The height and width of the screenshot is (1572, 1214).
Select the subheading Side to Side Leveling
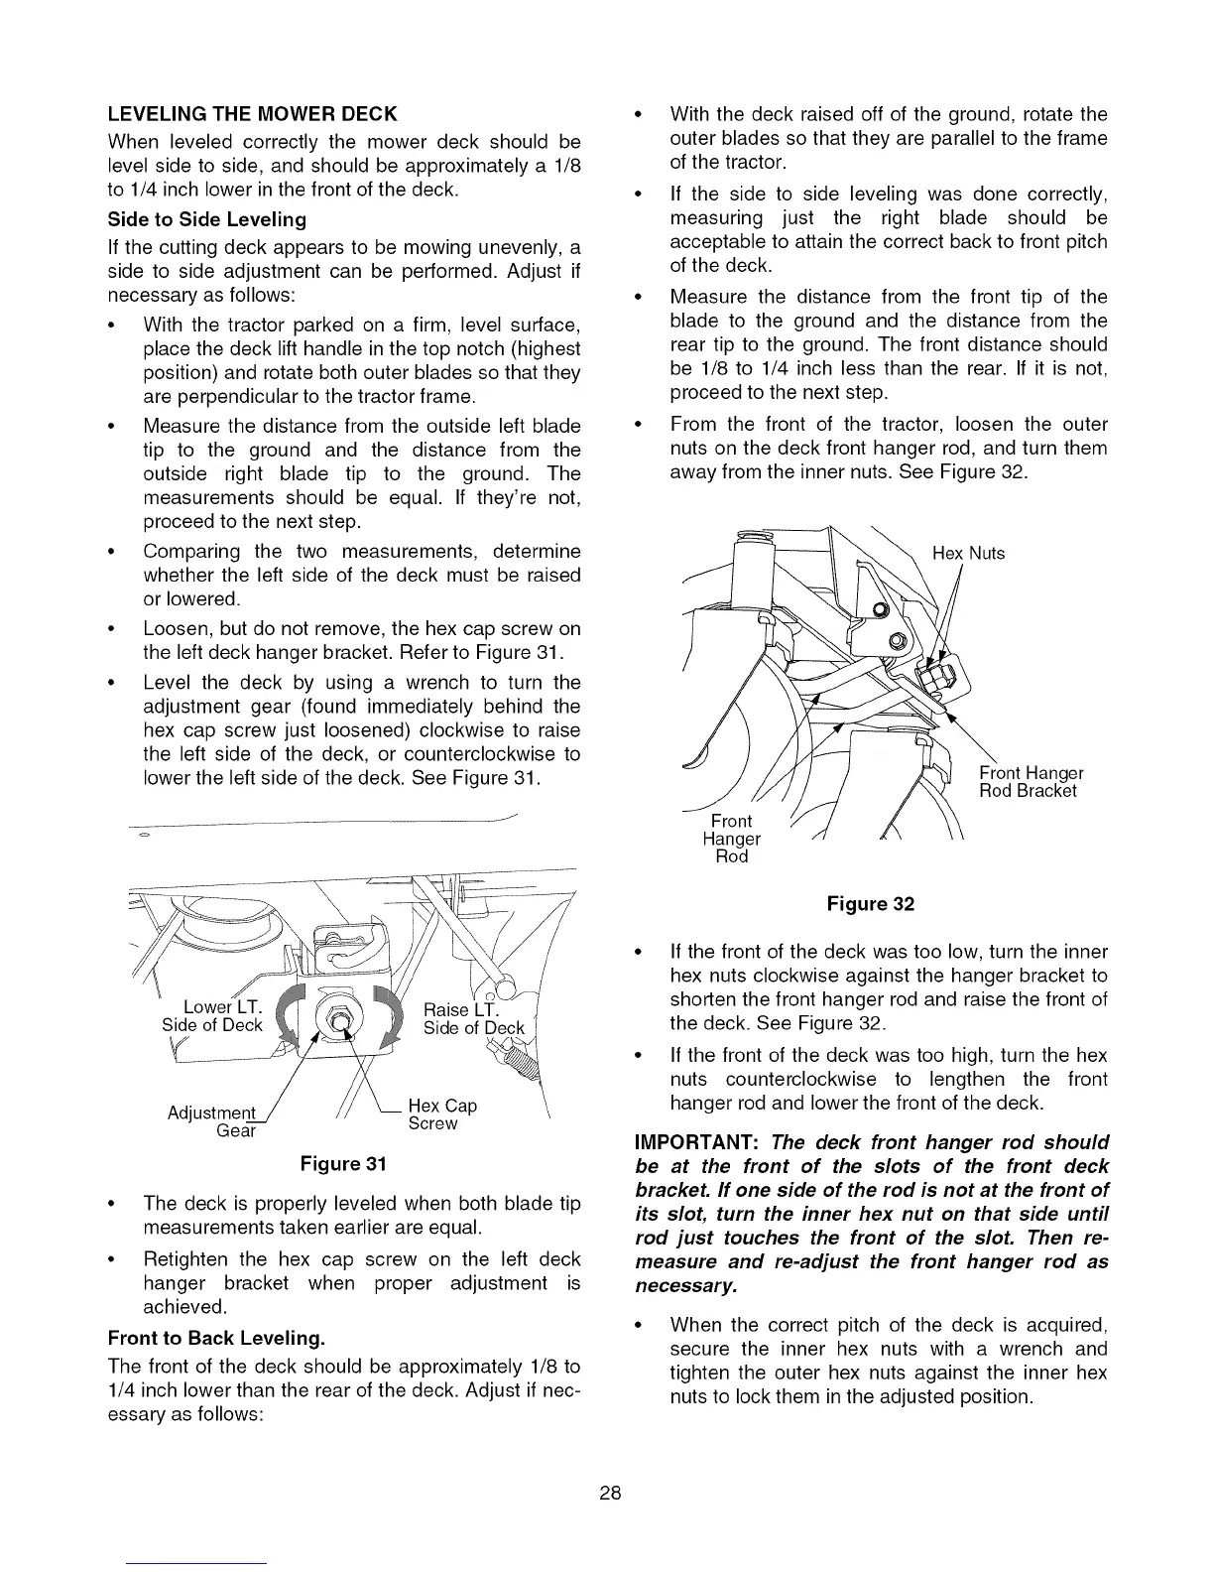[206, 218]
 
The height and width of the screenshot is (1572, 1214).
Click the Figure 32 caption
[870, 904]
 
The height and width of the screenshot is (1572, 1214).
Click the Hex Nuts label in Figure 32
[969, 554]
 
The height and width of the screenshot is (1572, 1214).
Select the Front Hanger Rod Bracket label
[1031, 782]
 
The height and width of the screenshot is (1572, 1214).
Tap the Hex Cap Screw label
[442, 1114]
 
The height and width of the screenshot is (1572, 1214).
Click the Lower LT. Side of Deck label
[212, 1015]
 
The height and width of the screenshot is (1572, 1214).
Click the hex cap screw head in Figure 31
[336, 1019]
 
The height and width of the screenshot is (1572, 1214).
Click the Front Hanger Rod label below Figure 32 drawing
[732, 839]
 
